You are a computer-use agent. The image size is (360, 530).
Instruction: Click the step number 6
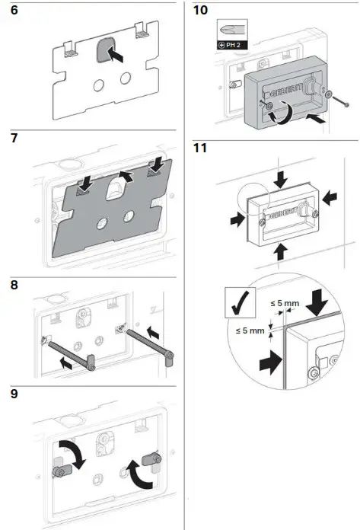point(14,10)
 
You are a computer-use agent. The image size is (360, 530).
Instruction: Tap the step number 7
point(14,138)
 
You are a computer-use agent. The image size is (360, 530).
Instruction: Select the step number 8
point(14,285)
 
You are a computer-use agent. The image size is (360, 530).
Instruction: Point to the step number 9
point(14,394)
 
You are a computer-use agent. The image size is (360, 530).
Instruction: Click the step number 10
point(200,10)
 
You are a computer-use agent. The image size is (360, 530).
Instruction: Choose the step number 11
point(199,148)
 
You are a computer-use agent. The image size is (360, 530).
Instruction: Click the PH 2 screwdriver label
point(232,45)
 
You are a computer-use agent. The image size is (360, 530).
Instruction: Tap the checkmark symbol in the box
point(241,302)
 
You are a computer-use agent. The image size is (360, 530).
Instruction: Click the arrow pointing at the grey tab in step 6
point(115,55)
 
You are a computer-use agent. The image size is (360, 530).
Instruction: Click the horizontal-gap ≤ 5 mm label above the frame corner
point(285,303)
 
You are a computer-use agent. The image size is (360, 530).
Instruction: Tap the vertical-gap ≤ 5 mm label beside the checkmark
point(250,330)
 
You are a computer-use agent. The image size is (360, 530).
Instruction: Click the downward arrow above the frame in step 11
point(281,179)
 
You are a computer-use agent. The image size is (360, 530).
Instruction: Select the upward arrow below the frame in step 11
point(280,252)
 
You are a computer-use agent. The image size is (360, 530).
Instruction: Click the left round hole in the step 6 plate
point(99,85)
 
